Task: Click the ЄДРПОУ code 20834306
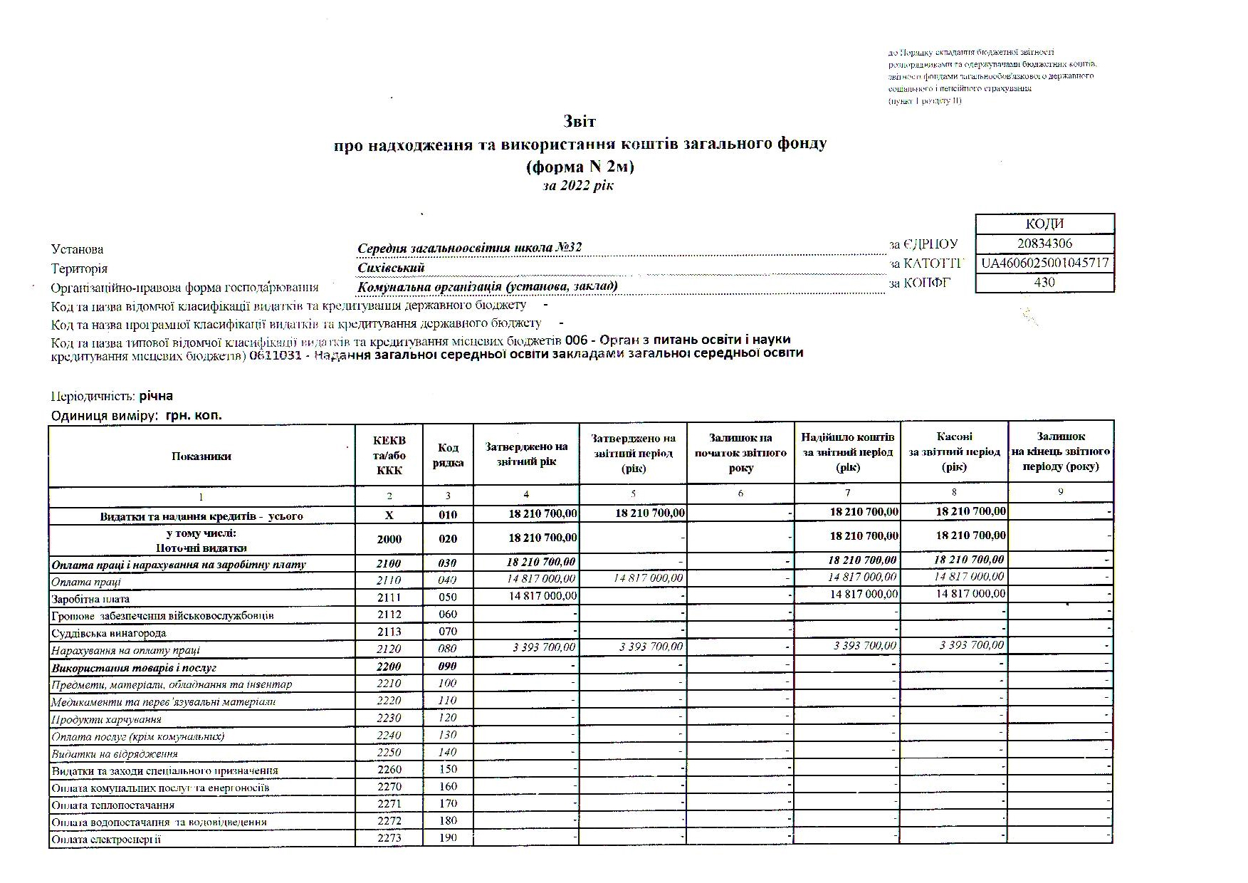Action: coord(1044,244)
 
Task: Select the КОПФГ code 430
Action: coord(1044,282)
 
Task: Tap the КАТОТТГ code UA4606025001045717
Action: coord(1044,263)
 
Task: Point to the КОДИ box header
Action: coord(1044,224)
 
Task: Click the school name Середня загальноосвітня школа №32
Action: coord(469,248)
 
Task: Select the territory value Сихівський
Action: coord(391,268)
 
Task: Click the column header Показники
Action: coord(201,456)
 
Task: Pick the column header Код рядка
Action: coord(448,455)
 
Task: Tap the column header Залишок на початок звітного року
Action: coord(740,453)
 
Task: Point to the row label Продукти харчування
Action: coord(106,719)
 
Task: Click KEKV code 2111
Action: coord(389,597)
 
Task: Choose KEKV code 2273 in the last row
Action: coord(389,838)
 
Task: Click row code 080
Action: coord(448,649)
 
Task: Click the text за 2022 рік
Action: coord(577,186)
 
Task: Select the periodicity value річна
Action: coord(156,396)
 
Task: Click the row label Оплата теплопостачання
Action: coord(113,805)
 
